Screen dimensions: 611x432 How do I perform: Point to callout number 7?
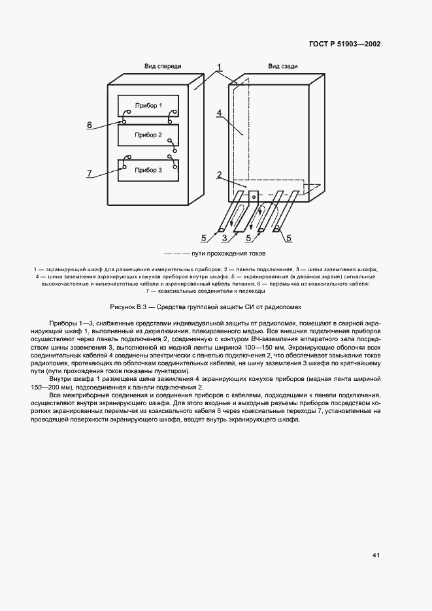tap(90, 173)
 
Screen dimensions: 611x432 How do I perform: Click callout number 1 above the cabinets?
tap(220, 67)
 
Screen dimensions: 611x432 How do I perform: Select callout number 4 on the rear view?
tap(220, 112)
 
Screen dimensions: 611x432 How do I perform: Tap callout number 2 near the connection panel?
tap(220, 174)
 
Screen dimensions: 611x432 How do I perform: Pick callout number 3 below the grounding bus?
tap(225, 237)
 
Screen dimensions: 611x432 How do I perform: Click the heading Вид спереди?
tap(163, 67)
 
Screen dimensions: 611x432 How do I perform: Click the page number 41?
tap(376, 555)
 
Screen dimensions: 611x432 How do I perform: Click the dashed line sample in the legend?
tap(177, 253)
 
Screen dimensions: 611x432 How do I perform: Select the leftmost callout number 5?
tap(203, 237)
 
